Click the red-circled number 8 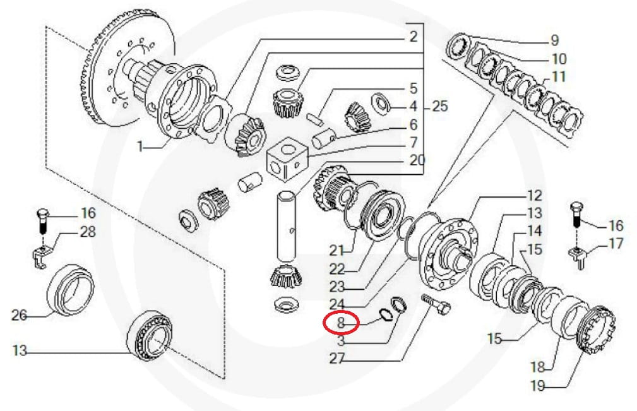pos(340,323)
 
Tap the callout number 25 pos(440,107)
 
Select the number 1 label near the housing pos(140,146)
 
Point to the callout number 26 pos(19,315)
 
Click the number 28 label pos(88,232)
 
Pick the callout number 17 pos(616,244)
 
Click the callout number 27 pos(336,359)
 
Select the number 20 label pos(417,160)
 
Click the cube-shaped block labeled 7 pos(287,160)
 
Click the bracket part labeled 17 pos(578,258)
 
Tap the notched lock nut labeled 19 pos(595,329)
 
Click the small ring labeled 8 pos(384,315)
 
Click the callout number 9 pos(554,40)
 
